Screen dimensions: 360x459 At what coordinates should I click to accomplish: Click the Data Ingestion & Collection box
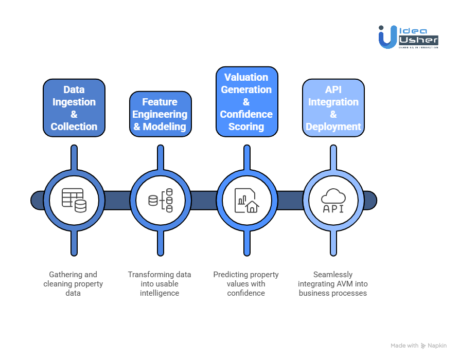point(74,108)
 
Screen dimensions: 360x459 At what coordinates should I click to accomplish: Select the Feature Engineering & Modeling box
point(160,114)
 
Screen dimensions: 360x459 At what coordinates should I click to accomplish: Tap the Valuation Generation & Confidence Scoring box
point(246,102)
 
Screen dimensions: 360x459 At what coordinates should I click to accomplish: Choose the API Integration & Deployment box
point(333,108)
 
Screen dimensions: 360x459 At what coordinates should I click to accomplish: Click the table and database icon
point(74,200)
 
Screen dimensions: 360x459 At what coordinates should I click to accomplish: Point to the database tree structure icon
point(160,200)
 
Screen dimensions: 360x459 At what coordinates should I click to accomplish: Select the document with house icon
point(246,200)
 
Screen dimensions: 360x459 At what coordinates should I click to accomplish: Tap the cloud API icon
point(333,200)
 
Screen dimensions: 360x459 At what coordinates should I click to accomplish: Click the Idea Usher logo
point(408,37)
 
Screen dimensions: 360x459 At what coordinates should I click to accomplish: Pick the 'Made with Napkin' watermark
point(418,346)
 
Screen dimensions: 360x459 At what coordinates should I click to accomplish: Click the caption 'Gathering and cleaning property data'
point(73,283)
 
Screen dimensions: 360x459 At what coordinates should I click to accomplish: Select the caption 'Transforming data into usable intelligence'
point(160,283)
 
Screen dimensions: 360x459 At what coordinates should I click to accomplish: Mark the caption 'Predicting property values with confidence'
point(246,283)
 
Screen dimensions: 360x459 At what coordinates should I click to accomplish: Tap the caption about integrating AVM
point(333,283)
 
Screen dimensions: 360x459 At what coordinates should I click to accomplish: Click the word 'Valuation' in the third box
point(246,77)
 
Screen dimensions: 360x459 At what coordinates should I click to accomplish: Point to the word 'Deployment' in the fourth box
point(333,127)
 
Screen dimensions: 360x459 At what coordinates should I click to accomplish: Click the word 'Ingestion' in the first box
point(74,102)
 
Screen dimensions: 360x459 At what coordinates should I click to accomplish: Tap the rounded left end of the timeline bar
point(37,200)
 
